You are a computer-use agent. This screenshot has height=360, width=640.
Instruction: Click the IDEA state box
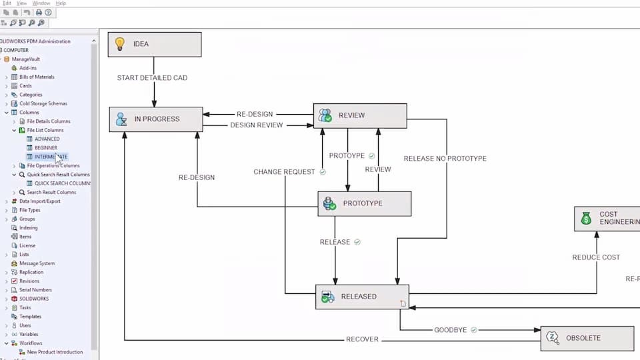pyautogui.click(x=155, y=44)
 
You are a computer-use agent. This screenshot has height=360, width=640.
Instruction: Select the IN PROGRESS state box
pyautogui.click(x=156, y=119)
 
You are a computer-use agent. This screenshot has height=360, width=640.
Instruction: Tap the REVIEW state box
pyautogui.click(x=360, y=115)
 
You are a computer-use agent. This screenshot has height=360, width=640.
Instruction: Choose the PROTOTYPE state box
pyautogui.click(x=364, y=203)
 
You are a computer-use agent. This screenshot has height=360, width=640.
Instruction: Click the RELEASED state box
pyautogui.click(x=362, y=297)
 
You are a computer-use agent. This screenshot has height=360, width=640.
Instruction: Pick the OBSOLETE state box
pyautogui.click(x=587, y=338)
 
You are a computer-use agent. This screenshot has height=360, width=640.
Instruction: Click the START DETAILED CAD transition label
pyautogui.click(x=152, y=78)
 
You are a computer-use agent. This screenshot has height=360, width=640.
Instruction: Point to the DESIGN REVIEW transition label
pyautogui.click(x=257, y=125)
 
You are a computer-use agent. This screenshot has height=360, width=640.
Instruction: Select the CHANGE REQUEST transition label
pyautogui.click(x=284, y=172)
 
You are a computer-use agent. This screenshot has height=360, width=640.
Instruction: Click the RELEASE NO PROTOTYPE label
pyautogui.click(x=445, y=159)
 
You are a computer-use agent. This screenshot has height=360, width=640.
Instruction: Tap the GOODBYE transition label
pyautogui.click(x=451, y=330)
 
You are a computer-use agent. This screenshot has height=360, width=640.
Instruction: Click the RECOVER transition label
pyautogui.click(x=362, y=339)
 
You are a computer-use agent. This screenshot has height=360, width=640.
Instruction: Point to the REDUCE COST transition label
pyautogui.click(x=596, y=257)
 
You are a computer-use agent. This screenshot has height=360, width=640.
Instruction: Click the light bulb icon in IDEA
pyautogui.click(x=120, y=44)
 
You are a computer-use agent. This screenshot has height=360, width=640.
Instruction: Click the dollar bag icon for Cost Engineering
pyautogui.click(x=586, y=218)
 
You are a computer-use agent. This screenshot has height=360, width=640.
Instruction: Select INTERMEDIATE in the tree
pyautogui.click(x=51, y=157)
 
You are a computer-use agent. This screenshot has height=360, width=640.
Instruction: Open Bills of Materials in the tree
pyautogui.click(x=37, y=77)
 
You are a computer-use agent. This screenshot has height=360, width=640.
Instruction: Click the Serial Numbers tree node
pyautogui.click(x=35, y=290)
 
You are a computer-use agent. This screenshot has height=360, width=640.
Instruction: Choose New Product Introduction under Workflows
pyautogui.click(x=55, y=352)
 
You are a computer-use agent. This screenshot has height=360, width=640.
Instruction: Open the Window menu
pyautogui.click(x=41, y=3)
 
